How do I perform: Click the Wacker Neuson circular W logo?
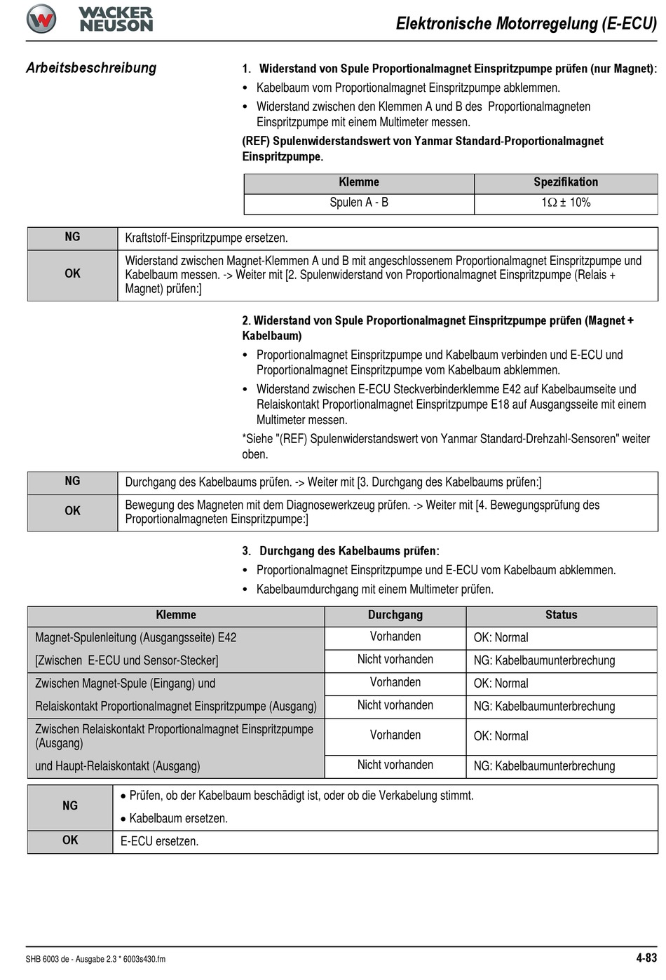coord(41,19)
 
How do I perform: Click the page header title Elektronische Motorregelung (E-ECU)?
coord(526,24)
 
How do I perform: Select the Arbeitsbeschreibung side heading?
coord(91,68)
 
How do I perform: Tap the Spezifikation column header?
coord(566,182)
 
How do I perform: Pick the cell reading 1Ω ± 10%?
coord(566,203)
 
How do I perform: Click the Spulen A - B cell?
coord(359,203)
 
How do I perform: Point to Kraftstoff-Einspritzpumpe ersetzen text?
coord(206,238)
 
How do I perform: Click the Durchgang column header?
coord(395,615)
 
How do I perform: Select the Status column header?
coord(561,615)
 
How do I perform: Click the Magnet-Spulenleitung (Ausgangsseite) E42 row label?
coord(136,638)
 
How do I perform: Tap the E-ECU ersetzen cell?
coord(159,841)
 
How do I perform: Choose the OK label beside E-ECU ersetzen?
coord(70,841)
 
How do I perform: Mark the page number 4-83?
coord(646,958)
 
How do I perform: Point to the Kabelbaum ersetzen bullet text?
coord(178,819)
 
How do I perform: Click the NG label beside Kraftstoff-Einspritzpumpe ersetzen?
coord(72,237)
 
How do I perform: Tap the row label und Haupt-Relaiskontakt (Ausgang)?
coord(118,766)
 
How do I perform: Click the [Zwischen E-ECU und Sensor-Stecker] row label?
coord(127,660)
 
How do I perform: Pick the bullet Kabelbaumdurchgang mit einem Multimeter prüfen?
coord(374,590)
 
